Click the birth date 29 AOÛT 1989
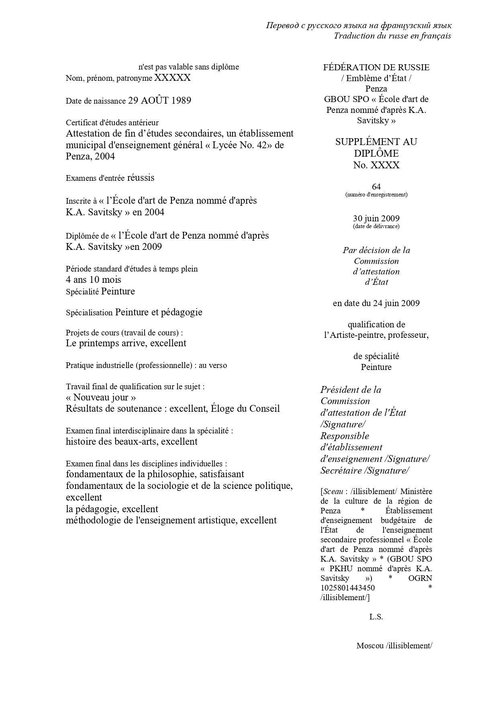[x=159, y=100]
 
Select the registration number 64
[x=376, y=186]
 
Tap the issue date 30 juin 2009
[x=376, y=219]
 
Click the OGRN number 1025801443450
[x=347, y=588]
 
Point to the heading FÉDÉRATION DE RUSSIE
[x=376, y=67]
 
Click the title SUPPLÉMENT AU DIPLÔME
[x=376, y=147]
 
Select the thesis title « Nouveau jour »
[x=101, y=397]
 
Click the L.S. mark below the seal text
[x=376, y=617]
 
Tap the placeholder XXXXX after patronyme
[x=172, y=78]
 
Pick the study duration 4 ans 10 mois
[x=94, y=280]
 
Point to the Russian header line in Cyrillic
[x=359, y=26]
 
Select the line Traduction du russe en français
[x=392, y=36]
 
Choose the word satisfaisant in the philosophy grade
[x=218, y=474]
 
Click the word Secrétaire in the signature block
[x=341, y=470]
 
